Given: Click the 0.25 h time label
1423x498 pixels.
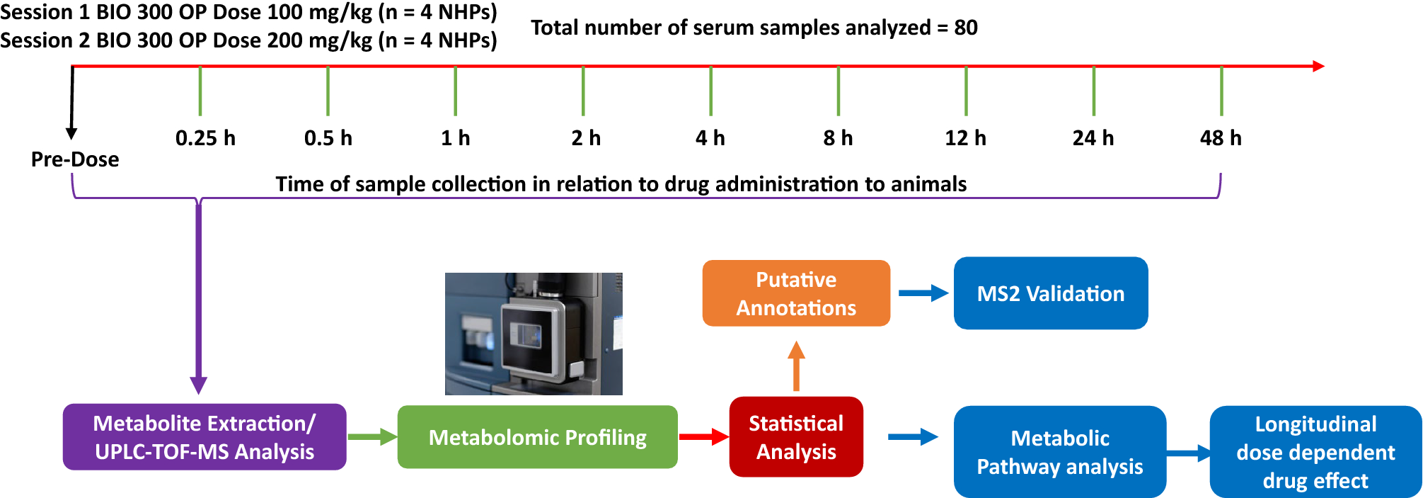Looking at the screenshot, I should (x=205, y=138).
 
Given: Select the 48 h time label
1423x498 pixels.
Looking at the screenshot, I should (x=1221, y=138).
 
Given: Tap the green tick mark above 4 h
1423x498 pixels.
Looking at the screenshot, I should (x=710, y=91).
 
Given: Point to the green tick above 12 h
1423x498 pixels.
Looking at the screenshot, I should (x=966, y=91).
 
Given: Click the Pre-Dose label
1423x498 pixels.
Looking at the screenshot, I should (x=75, y=159).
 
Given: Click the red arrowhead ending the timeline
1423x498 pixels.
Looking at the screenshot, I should (x=1318, y=66).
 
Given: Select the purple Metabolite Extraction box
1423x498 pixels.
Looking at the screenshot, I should (x=204, y=437).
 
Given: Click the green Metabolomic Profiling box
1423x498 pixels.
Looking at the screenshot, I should (x=537, y=437).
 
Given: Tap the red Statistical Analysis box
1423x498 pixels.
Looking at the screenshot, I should (x=796, y=437).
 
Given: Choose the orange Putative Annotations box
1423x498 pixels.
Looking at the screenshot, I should (x=796, y=293).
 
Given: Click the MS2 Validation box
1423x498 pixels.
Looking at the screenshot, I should (x=1051, y=293).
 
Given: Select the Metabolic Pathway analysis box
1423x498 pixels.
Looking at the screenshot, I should (x=1059, y=452).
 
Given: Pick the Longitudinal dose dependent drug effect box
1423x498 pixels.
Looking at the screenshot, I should (x=1315, y=452).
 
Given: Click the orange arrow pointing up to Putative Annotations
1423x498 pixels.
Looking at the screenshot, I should (x=796, y=366).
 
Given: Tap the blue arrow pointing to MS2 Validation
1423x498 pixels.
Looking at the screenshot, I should (x=923, y=293).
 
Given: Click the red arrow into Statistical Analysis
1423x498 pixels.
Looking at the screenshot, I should (x=703, y=436).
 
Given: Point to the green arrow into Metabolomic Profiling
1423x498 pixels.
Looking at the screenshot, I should (x=372, y=437).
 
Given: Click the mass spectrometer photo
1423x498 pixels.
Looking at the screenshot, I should (x=534, y=334).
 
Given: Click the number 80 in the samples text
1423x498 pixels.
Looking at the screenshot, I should (x=966, y=28).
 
